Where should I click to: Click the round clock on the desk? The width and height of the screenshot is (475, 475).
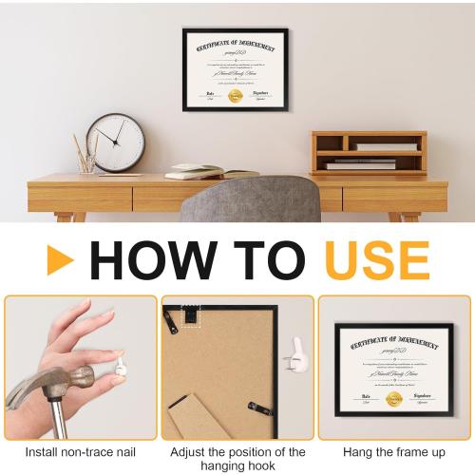click(x=117, y=142)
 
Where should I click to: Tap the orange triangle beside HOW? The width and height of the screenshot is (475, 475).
click(x=59, y=260)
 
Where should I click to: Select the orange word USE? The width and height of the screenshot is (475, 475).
click(x=376, y=259)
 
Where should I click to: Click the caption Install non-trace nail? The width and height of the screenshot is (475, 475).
click(x=80, y=452)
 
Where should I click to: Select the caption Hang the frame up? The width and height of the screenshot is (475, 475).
click(x=394, y=452)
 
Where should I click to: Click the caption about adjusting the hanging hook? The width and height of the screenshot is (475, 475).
click(x=237, y=459)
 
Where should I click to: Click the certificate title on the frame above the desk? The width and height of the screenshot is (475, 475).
click(x=236, y=47)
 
